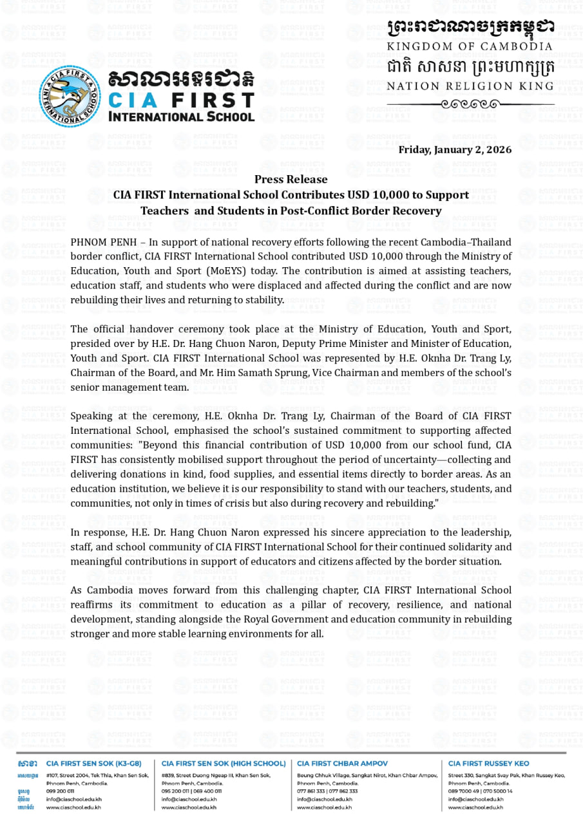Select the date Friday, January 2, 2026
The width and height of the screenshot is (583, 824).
coord(455,150)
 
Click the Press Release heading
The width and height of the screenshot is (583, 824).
coord(291,179)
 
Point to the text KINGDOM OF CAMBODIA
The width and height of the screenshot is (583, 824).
coord(470,46)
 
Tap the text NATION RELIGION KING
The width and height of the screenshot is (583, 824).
coord(470,86)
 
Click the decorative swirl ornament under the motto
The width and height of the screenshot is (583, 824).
coord(470,104)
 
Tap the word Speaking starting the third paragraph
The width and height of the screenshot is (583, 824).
coord(93,416)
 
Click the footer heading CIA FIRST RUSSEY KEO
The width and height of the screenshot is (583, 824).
coord(488,763)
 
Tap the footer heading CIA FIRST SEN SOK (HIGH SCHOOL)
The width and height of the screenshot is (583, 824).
coord(223,763)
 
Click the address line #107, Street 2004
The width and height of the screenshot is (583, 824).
coord(71,775)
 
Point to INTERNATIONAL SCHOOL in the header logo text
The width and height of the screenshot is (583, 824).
coord(181,117)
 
